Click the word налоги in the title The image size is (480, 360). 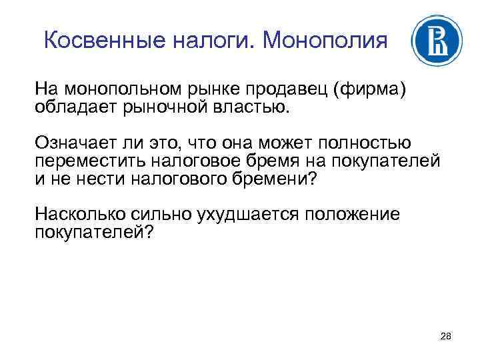point(214,41)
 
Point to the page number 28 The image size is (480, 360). point(446,337)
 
